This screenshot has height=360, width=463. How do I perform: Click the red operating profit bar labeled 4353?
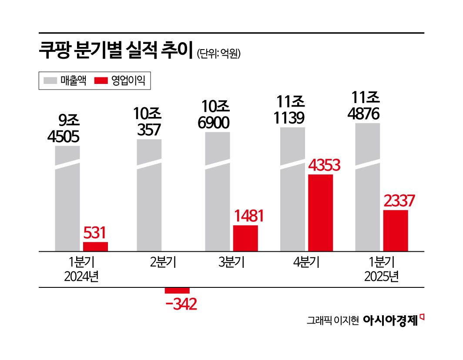pos(320,213)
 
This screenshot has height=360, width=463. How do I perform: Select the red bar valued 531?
pos(95,247)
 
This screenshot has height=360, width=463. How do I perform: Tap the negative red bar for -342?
pos(177,290)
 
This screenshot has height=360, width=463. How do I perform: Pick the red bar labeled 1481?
pos(245,238)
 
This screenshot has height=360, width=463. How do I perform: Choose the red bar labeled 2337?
pos(396,230)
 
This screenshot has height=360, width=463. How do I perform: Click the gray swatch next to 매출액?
pos(50,80)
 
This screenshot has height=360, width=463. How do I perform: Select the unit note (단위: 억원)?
pos(218,53)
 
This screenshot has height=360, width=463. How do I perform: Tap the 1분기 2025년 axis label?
pos(381,270)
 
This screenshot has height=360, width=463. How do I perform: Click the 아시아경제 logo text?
pos(390,320)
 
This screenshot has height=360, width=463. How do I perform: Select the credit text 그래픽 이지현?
pos(332,321)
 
